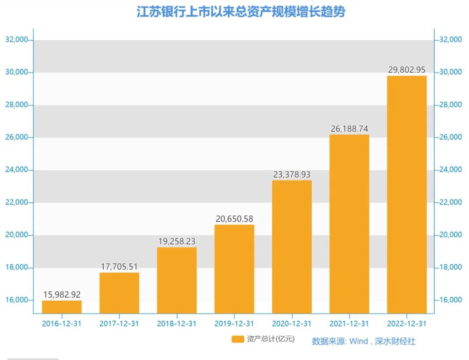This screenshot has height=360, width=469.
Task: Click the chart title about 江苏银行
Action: pyautogui.click(x=241, y=12)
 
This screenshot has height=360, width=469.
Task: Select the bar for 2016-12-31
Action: pyautogui.click(x=62, y=307)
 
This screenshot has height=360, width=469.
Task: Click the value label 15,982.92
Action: pyautogui.click(x=62, y=294)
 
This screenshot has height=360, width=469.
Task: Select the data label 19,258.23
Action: pyautogui.click(x=177, y=241)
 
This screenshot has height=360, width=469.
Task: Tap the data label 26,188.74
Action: pyautogui.click(x=349, y=129)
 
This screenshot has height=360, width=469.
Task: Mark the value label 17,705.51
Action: pyautogui.click(x=119, y=267)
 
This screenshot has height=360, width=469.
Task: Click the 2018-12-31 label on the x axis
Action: pyautogui.click(x=177, y=324)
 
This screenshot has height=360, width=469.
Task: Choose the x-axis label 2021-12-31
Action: pyautogui.click(x=349, y=324)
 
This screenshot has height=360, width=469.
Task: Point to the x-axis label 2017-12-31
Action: pyautogui.click(x=119, y=324)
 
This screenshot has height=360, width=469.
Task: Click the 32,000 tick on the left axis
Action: pyautogui.click(x=17, y=40)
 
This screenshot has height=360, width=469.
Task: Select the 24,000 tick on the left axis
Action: pyautogui.click(x=17, y=170)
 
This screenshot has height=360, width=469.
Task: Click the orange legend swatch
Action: pyautogui.click(x=238, y=339)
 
